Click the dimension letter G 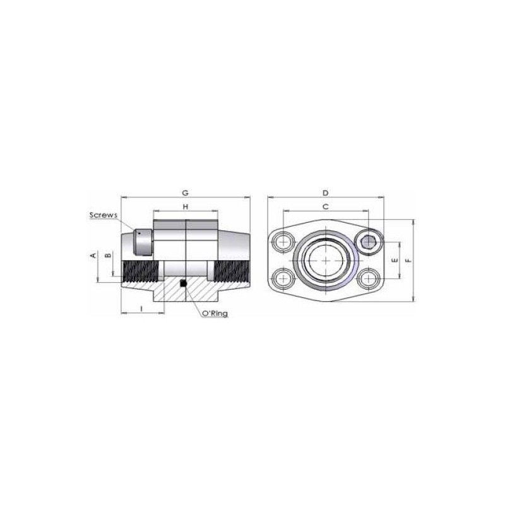coord(185,193)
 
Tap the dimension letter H coord(186,207)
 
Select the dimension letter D coord(326,193)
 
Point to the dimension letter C coord(326,207)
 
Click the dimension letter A coord(93,256)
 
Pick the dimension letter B coord(109,256)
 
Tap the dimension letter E coord(395,260)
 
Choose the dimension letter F coord(408,260)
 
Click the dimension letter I coord(141,309)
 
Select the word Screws coord(104,215)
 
